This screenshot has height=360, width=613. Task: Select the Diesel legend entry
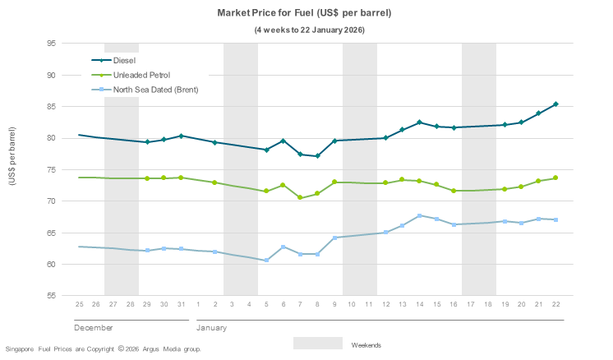124,60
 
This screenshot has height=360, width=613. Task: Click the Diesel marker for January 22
556,104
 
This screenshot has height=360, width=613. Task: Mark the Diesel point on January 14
420,122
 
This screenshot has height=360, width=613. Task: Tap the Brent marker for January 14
420,216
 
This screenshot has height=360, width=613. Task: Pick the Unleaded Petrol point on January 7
300,197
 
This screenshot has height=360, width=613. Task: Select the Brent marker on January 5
266,261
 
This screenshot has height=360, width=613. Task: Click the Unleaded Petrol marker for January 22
556,178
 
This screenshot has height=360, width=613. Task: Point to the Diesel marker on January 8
317,156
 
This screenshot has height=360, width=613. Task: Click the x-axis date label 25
79,305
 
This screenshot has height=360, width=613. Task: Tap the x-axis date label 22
556,305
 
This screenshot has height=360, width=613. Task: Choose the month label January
211,328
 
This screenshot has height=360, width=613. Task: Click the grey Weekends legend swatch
317,344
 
